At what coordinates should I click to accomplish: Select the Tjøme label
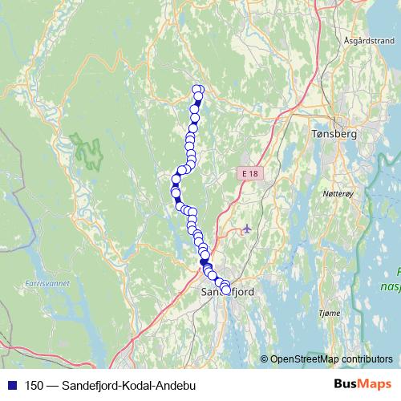330,312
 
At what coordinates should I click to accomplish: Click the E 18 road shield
249,173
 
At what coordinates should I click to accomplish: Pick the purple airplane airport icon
245,229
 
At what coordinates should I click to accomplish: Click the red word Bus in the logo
347,385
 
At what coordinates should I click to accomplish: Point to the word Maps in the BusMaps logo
375,385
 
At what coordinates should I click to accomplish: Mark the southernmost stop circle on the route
225,290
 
